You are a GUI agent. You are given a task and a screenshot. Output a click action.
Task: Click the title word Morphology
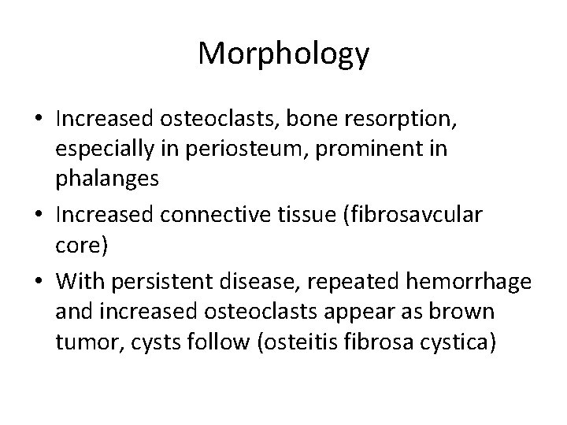(x=283, y=54)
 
